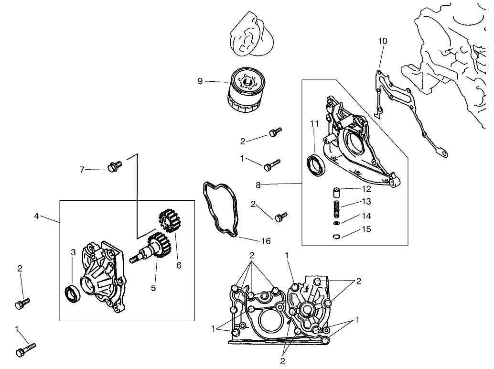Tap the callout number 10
pyautogui.click(x=383, y=41)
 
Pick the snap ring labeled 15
pyautogui.click(x=337, y=236)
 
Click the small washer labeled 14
pyautogui.click(x=336, y=223)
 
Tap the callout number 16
pyautogui.click(x=266, y=241)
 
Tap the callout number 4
pyautogui.click(x=37, y=217)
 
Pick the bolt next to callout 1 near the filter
pyautogui.click(x=271, y=164)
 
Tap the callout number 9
pyautogui.click(x=200, y=81)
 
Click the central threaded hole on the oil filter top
pyautogui.click(x=247, y=84)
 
